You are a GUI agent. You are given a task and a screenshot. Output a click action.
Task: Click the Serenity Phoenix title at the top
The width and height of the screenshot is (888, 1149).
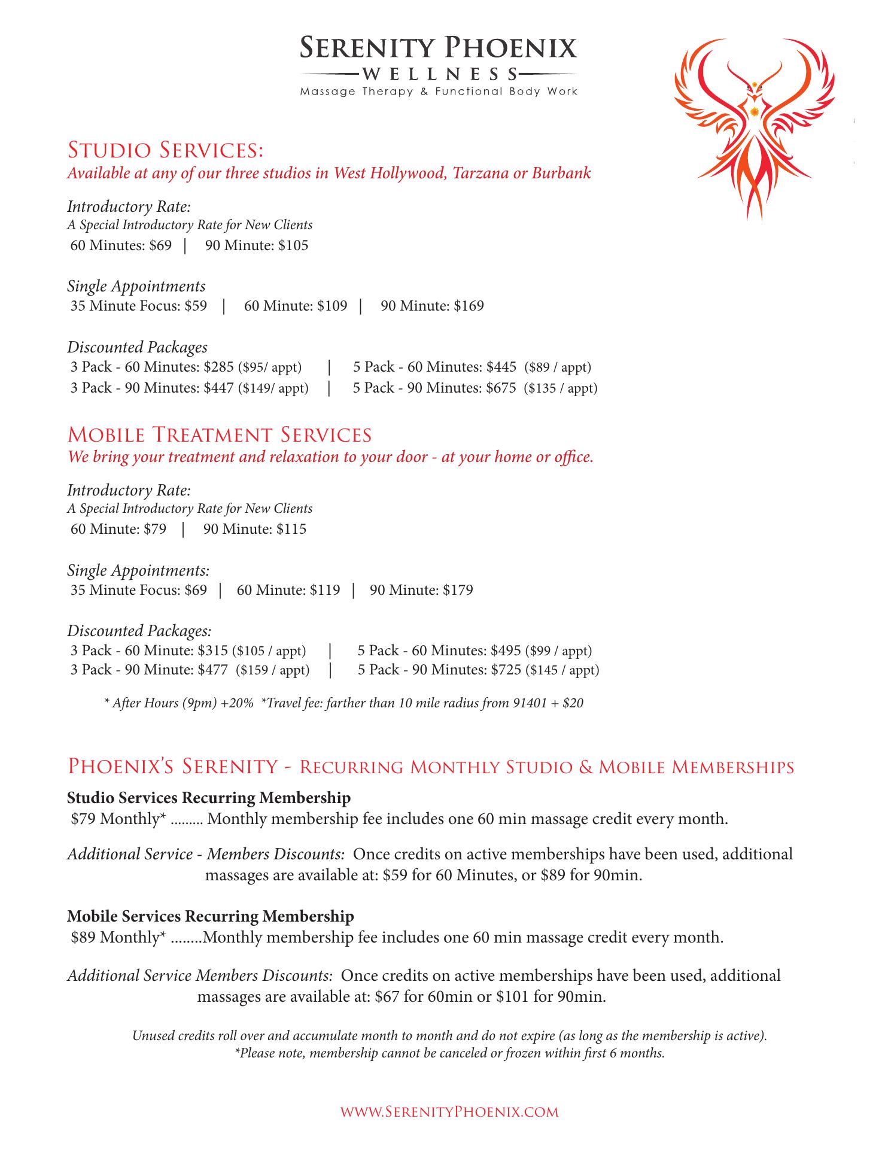coord(438,47)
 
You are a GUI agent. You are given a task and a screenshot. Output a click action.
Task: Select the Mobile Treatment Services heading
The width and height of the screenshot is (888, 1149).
coord(220,434)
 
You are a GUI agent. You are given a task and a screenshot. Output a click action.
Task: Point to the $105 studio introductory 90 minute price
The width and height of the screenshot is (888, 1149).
coord(293,245)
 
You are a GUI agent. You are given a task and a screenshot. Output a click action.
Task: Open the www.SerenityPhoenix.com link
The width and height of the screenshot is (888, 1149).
coord(449,1112)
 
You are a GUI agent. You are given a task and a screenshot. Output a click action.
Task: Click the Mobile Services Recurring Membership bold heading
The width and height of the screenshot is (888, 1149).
coord(211,916)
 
